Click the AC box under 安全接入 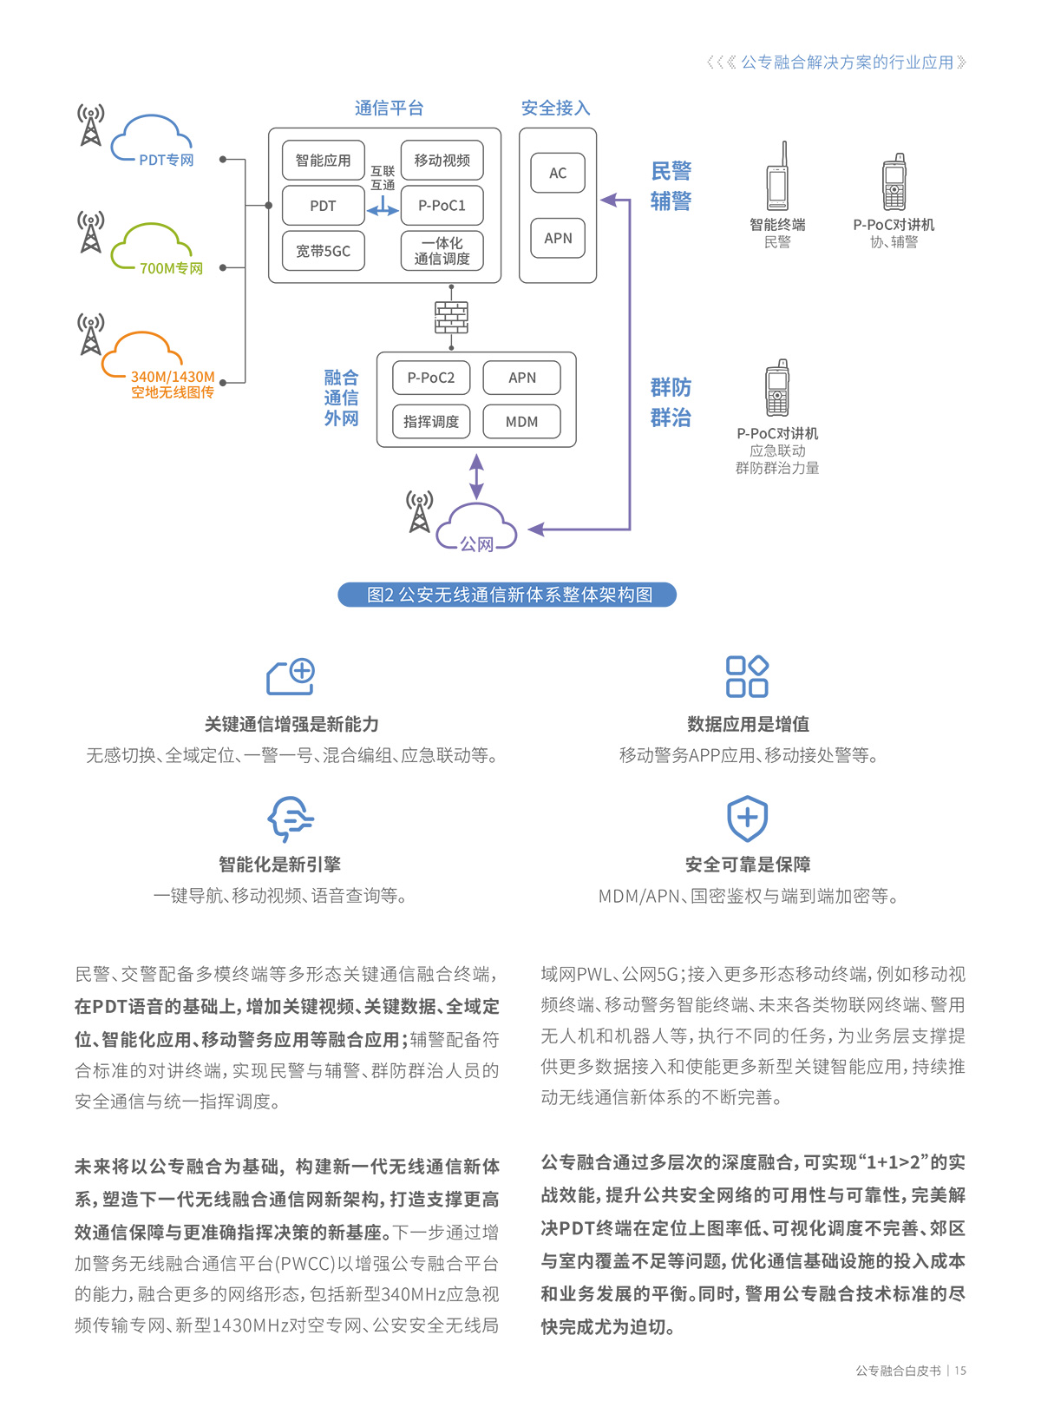click(558, 173)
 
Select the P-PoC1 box click(442, 206)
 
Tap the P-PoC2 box click(431, 378)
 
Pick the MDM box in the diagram click(521, 422)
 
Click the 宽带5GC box click(323, 251)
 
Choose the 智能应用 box click(323, 161)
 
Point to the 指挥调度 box click(431, 422)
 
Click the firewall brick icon click(451, 318)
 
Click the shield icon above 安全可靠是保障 click(747, 818)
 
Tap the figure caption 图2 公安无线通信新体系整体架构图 click(507, 595)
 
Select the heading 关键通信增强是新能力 click(291, 724)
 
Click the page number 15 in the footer click(960, 1371)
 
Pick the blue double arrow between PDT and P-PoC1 click(383, 210)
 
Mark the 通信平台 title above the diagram click(389, 109)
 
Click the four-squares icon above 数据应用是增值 click(747, 676)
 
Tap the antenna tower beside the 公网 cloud click(420, 512)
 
